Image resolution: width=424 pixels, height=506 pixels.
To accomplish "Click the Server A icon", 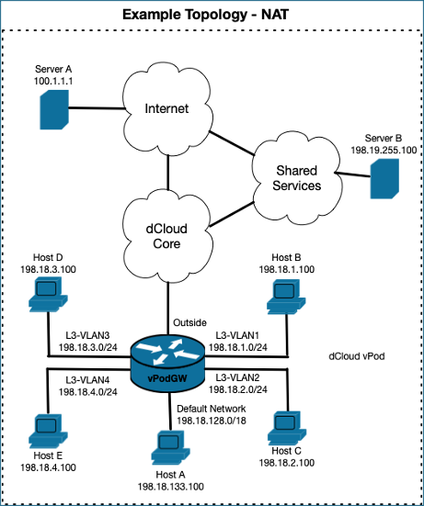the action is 54,109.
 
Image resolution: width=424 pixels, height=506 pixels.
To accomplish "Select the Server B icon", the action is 384,178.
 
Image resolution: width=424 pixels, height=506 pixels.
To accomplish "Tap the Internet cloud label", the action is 166,108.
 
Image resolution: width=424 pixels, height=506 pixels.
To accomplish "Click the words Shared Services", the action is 297,178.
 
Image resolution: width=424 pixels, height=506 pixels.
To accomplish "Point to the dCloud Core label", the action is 166,236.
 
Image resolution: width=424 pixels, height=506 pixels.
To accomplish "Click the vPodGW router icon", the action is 167,362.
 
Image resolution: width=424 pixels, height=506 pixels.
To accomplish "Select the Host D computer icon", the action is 48,294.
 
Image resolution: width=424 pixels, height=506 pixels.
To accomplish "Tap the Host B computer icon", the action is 286,297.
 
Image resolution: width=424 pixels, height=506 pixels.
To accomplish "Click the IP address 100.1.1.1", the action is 53,81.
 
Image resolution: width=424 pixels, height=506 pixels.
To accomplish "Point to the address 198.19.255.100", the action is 384,150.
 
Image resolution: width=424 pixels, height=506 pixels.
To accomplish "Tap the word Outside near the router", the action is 189,322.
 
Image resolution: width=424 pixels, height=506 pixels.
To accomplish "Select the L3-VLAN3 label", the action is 87,335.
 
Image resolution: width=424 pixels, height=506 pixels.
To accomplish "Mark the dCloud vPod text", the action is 357,356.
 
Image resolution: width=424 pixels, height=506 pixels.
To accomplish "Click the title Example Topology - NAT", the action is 205,15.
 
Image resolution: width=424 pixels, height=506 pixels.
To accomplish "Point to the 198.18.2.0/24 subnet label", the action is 238,389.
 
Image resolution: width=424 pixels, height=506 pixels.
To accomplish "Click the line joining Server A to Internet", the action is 97,108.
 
